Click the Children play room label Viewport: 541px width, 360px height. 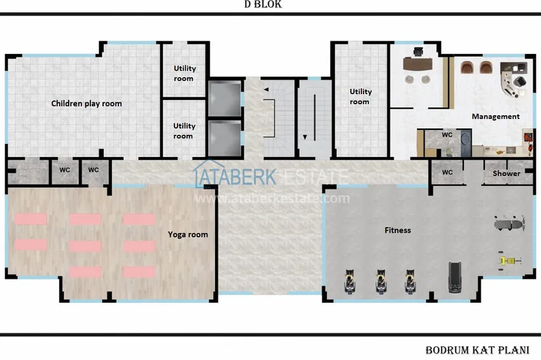pyautogui.click(x=87, y=104)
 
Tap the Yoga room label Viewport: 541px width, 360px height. pyautogui.click(x=188, y=235)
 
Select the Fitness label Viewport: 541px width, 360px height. pyautogui.click(x=398, y=230)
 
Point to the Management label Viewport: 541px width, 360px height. pyautogui.click(x=495, y=116)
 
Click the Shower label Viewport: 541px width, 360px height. pyautogui.click(x=506, y=174)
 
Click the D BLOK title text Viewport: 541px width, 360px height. pyautogui.click(x=263, y=4)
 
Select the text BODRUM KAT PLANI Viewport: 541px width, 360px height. pyautogui.click(x=477, y=350)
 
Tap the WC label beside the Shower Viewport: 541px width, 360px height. pyautogui.click(x=447, y=172)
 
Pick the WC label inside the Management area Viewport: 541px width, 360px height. pyautogui.click(x=447, y=135)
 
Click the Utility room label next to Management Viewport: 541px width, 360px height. pyautogui.click(x=360, y=97)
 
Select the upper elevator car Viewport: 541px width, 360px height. pyautogui.click(x=225, y=99)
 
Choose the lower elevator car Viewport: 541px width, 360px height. pyautogui.click(x=225, y=138)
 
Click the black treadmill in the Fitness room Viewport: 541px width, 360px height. pyautogui.click(x=454, y=277)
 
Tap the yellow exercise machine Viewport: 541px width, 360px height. pyautogui.click(x=509, y=261)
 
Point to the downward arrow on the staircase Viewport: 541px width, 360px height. pyautogui.click(x=305, y=137)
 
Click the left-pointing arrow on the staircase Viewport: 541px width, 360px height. pyautogui.click(x=266, y=89)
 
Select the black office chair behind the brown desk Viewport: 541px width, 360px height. pyautogui.click(x=418, y=52)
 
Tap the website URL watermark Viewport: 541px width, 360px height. pyautogui.click(x=272, y=198)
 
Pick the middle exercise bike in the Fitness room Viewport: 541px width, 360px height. pyautogui.click(x=381, y=282)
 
